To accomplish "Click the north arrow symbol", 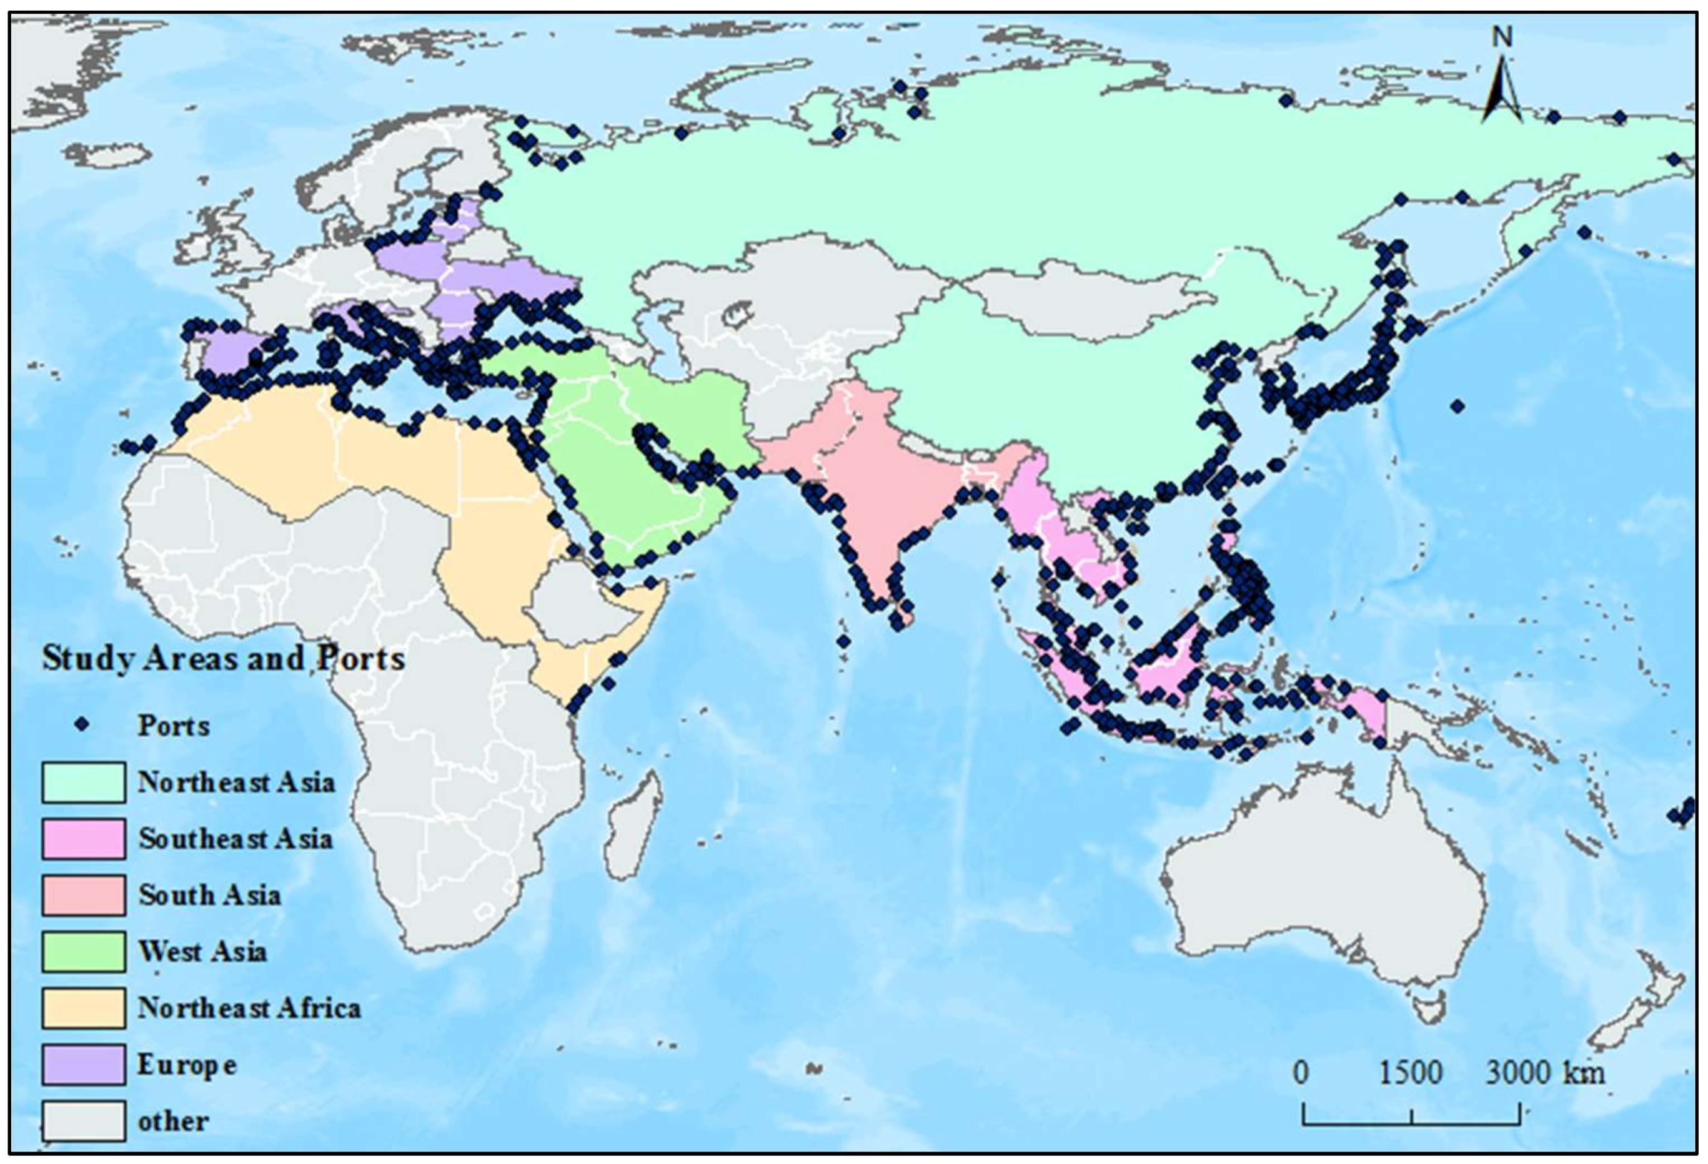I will coord(1501,92).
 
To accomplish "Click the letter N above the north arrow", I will coord(1503,37).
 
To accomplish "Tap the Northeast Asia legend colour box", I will coord(83,782).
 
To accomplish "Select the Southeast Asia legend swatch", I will coord(83,839).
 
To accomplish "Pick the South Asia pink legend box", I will coord(83,895).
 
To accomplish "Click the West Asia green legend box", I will coord(83,952).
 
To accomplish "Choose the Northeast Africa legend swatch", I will coord(83,1007).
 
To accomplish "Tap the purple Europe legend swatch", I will coord(83,1064).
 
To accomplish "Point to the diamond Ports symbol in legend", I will coord(82,724).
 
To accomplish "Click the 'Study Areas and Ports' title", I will coord(222,658).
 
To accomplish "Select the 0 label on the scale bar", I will coord(1301,1073).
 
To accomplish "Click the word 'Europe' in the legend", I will coord(187,1065).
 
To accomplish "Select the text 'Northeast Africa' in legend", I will coord(249,1007).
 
